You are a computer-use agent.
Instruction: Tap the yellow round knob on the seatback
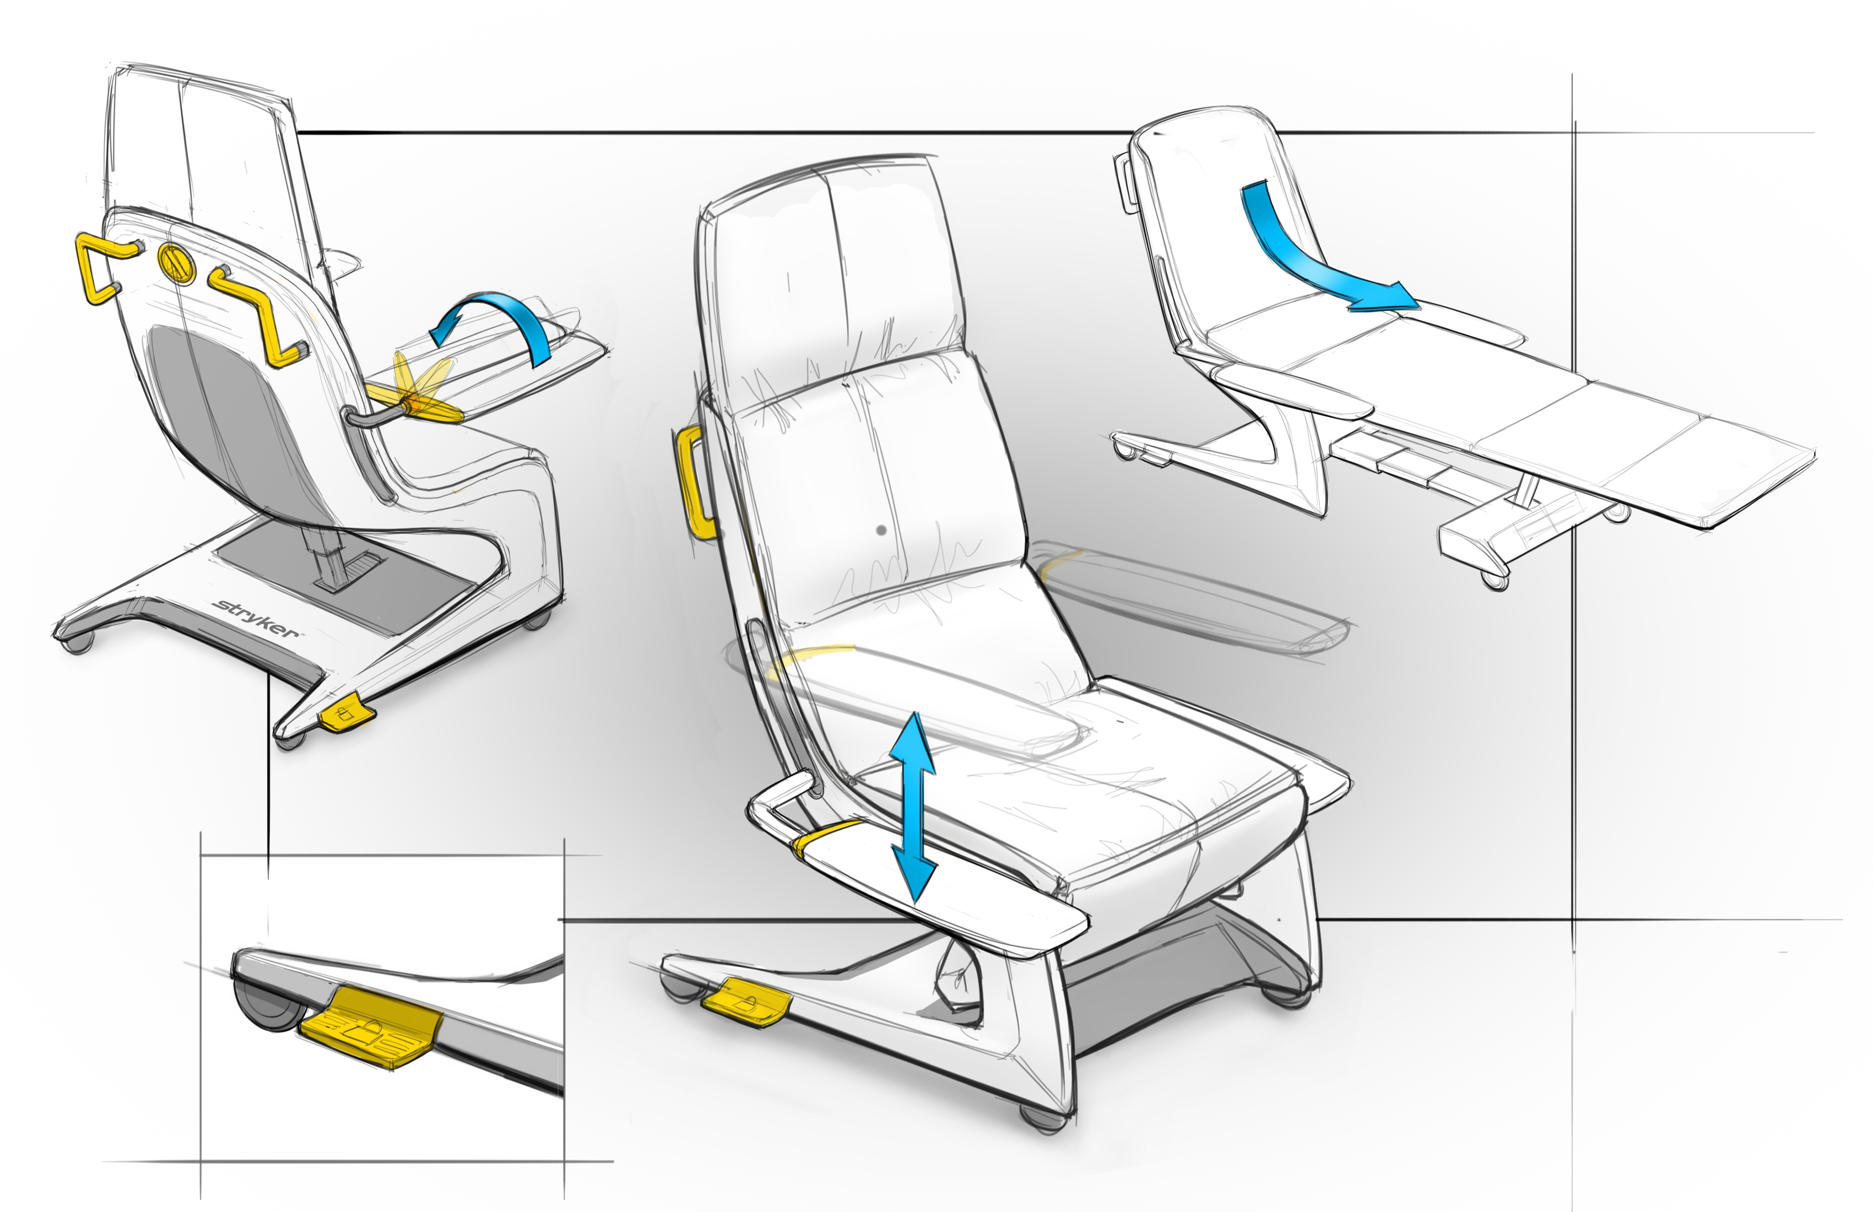pyautogui.click(x=176, y=262)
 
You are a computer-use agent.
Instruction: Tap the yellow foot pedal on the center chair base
pyautogui.click(x=746, y=1001)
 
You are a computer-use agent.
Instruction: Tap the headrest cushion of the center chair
pyautogui.click(x=834, y=283)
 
